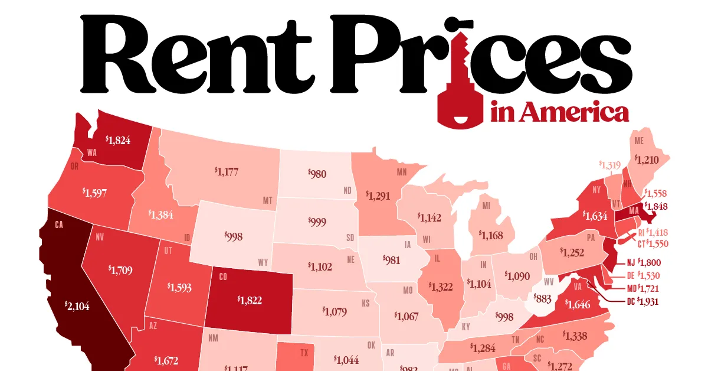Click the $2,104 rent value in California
pyautogui.click(x=78, y=305)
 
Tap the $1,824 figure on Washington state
pyautogui.click(x=118, y=140)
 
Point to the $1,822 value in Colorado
pyautogui.click(x=250, y=300)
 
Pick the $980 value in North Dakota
pyautogui.click(x=317, y=174)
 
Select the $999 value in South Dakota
pyautogui.click(x=317, y=222)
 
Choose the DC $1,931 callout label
pyautogui.click(x=642, y=301)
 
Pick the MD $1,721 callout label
pyautogui.click(x=642, y=289)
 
